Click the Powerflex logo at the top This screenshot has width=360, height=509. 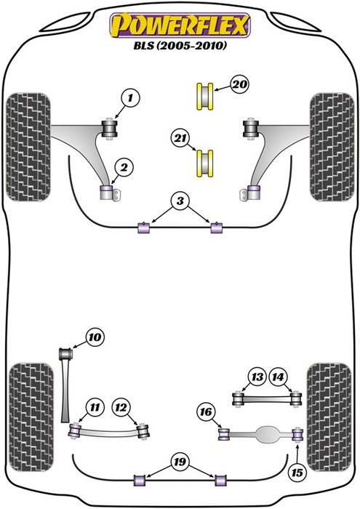pyautogui.click(x=180, y=25)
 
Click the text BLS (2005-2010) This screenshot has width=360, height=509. pyautogui.click(x=180, y=45)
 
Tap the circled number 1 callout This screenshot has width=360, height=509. pyautogui.click(x=130, y=97)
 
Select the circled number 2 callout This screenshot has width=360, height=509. pyautogui.click(x=124, y=168)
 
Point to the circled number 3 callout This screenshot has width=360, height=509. pyautogui.click(x=180, y=201)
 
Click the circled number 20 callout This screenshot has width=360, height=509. pyautogui.click(x=240, y=85)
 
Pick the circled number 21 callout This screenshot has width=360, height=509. pyautogui.click(x=180, y=139)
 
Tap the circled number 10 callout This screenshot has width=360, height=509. pyautogui.click(x=95, y=337)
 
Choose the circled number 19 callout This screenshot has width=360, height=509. pyautogui.click(x=180, y=462)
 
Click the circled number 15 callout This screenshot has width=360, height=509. pyautogui.click(x=297, y=473)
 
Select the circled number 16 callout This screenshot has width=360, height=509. pyautogui.click(x=206, y=412)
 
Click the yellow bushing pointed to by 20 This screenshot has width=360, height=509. pyautogui.click(x=206, y=97)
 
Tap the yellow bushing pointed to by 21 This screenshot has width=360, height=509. pyautogui.click(x=205, y=164)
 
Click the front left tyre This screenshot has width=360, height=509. pyautogui.click(x=28, y=147)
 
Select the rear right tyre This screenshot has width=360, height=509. pyautogui.click(x=329, y=418)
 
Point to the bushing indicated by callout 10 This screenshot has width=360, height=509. pyautogui.click(x=66, y=354)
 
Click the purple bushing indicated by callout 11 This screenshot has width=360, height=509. pyautogui.click(x=76, y=430)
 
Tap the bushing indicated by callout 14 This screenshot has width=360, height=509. pyautogui.click(x=296, y=399)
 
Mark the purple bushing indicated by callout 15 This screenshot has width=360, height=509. pyautogui.click(x=297, y=435)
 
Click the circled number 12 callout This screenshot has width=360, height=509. pyautogui.click(x=121, y=407)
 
